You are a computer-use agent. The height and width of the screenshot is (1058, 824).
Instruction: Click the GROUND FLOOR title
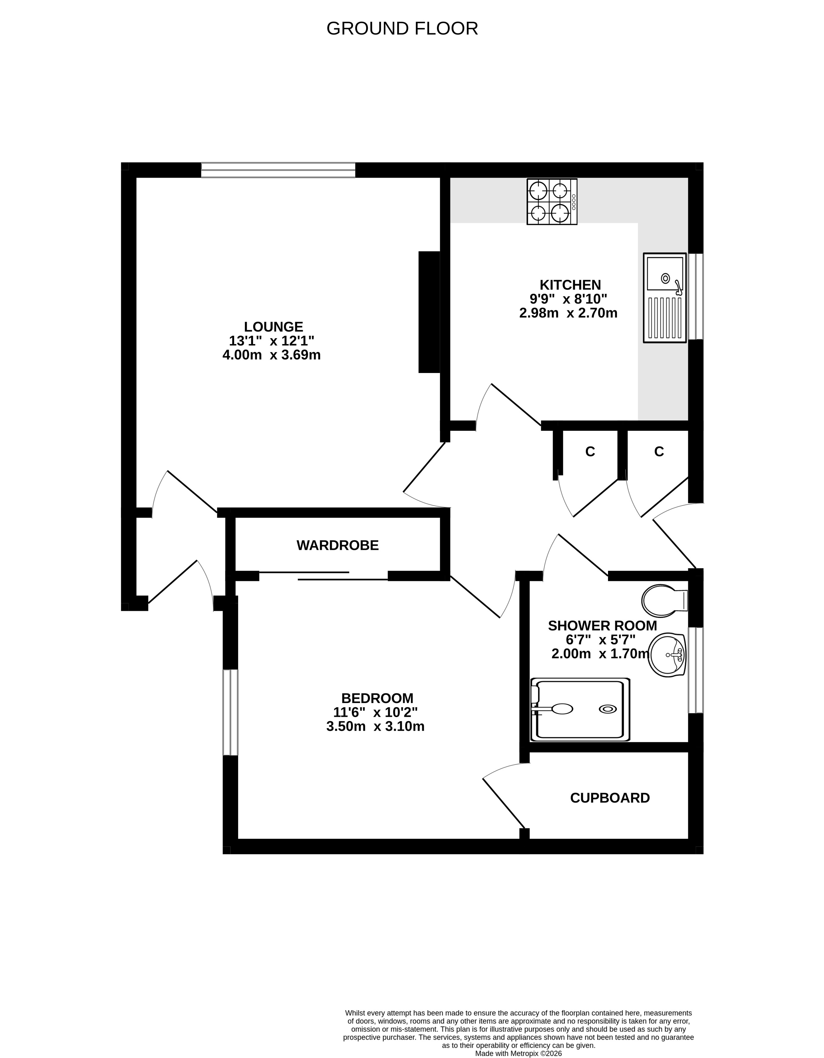point(402,29)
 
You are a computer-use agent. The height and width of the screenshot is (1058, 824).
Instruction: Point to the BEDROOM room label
point(377,698)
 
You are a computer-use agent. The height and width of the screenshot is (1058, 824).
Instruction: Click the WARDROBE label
point(337,545)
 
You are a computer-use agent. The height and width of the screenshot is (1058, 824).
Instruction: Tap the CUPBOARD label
point(610,798)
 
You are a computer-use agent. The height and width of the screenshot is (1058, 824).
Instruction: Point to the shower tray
point(580,710)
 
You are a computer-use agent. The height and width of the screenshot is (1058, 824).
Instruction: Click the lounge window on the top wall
point(278,170)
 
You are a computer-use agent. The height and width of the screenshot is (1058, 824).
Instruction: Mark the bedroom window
point(231,712)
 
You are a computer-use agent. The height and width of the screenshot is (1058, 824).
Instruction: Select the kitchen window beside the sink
point(696,297)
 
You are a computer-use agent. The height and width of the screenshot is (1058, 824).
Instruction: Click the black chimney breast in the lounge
point(429,312)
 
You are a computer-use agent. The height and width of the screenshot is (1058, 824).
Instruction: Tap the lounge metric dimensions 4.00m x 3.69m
point(271,355)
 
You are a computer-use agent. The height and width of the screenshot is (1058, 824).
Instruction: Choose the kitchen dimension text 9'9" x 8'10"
point(568,299)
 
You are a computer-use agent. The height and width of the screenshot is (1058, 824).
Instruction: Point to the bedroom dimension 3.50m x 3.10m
point(375,726)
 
